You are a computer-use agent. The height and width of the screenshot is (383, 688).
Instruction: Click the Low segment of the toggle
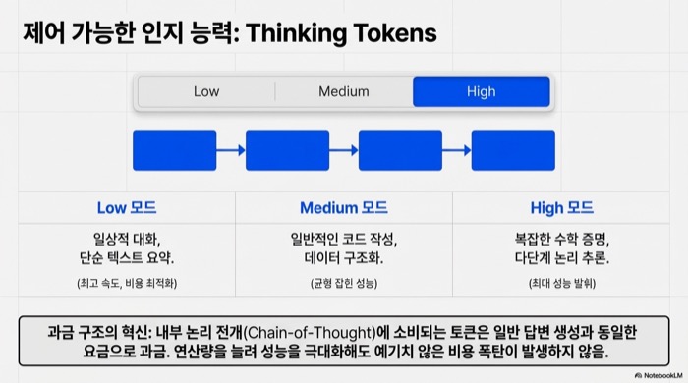[206, 91]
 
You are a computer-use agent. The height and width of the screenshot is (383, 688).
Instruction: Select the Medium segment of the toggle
[343, 91]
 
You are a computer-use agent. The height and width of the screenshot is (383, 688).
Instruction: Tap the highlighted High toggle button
[481, 91]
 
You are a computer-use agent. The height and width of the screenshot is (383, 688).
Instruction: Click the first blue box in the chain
[174, 150]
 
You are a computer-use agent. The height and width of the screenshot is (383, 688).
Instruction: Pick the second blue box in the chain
[287, 150]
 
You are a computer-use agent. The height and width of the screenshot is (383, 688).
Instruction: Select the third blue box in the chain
[400, 150]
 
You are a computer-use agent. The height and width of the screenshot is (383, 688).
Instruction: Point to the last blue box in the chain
[513, 150]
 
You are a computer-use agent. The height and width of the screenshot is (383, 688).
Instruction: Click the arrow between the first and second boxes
[231, 150]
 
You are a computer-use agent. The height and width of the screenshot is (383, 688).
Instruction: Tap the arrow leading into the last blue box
[457, 150]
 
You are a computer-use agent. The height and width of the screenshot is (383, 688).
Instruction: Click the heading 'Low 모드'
[126, 208]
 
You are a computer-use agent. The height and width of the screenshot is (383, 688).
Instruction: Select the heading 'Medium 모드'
[343, 208]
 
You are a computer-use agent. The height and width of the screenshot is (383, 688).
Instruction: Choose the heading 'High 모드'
[561, 208]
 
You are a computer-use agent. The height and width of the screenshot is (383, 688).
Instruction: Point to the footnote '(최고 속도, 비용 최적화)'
[126, 283]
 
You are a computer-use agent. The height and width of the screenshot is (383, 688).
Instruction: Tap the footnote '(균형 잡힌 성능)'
[343, 283]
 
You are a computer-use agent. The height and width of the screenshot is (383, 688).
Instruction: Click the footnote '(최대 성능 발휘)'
[561, 283]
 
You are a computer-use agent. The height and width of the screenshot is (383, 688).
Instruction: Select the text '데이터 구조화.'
[343, 258]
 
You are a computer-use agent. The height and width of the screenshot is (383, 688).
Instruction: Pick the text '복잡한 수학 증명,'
[561, 238]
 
